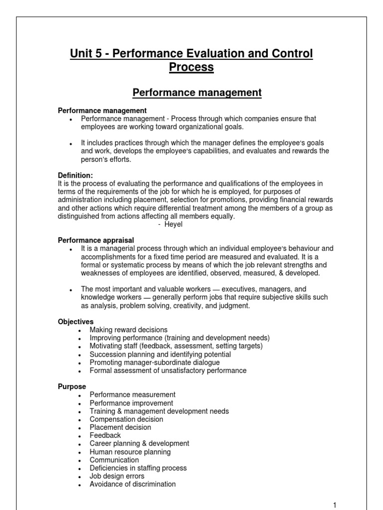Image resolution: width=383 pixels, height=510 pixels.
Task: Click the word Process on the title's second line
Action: pyautogui.click(x=191, y=67)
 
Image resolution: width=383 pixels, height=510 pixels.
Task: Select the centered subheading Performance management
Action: pyautogui.click(x=196, y=93)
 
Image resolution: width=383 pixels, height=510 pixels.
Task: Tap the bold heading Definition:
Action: pyautogui.click(x=76, y=175)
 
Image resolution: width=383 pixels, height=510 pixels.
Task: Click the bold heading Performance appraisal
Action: pyautogui.click(x=96, y=240)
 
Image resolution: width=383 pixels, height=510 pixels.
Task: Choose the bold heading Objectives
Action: pyautogui.click(x=76, y=322)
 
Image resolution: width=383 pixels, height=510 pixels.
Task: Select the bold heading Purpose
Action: pyautogui.click(x=72, y=386)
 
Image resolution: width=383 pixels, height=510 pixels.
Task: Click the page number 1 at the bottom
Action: pyautogui.click(x=335, y=505)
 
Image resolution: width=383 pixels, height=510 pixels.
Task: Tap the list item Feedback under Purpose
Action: pyautogui.click(x=105, y=435)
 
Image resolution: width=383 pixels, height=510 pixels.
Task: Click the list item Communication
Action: pyautogui.click(x=114, y=460)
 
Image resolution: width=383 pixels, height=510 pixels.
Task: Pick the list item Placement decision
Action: pyautogui.click(x=120, y=427)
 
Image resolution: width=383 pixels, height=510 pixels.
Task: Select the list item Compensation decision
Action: pyautogui.click(x=126, y=419)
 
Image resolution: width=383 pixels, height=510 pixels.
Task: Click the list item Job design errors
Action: pyautogui.click(x=117, y=476)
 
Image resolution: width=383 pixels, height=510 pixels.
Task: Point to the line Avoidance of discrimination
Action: pyautogui.click(x=133, y=484)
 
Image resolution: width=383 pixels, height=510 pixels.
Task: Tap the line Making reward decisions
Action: pyautogui.click(x=129, y=330)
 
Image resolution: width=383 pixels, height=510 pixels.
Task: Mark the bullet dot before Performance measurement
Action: pyautogui.click(x=80, y=395)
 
